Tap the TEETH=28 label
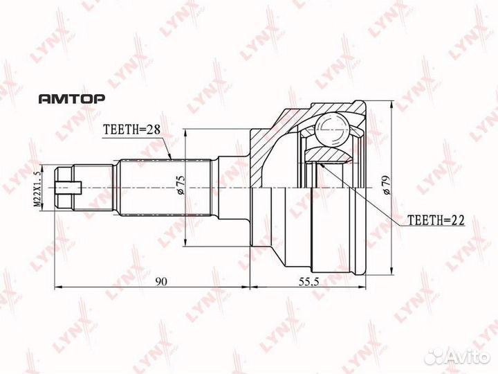point(131,130)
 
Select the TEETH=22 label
point(434,220)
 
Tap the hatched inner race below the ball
point(326,155)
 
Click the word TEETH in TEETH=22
point(423,220)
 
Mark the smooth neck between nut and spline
point(95,186)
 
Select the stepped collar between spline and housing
point(223,186)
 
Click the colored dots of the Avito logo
point(435,356)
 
